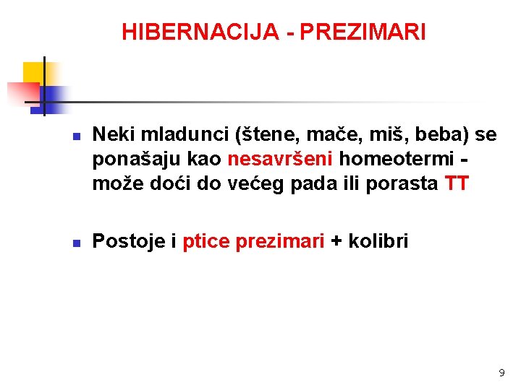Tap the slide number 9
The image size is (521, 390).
point(501,373)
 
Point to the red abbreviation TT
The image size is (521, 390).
point(457,183)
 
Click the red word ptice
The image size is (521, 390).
point(206,240)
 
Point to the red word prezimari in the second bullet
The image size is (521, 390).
point(280,240)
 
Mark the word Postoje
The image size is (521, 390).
point(130,240)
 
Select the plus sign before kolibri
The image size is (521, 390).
point(336,241)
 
